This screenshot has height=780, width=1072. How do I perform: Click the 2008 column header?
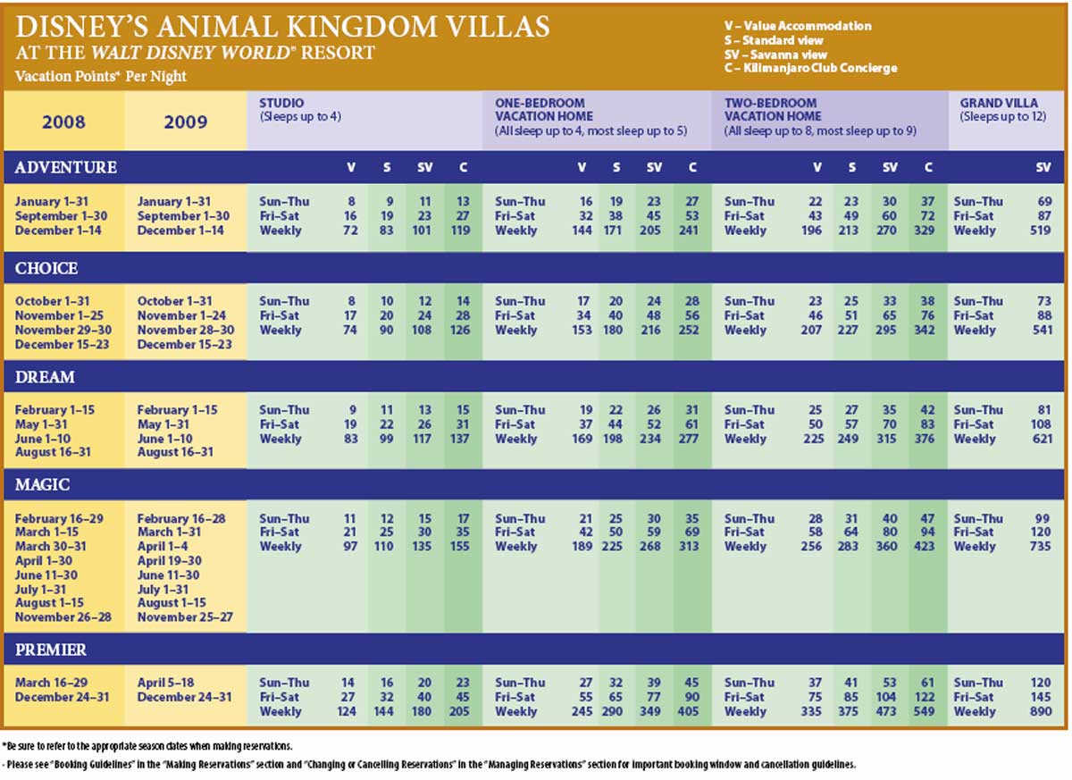coord(63,122)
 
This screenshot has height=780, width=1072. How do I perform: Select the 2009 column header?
coord(186,122)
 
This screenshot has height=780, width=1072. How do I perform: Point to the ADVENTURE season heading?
coord(66,167)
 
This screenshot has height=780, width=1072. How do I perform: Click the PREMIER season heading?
coord(51,650)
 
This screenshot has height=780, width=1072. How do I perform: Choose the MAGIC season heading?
coord(43,485)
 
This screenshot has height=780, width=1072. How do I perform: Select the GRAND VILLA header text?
coord(999,103)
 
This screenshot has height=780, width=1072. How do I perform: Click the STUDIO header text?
coord(281,103)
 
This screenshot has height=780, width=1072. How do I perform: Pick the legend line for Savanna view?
coord(775,55)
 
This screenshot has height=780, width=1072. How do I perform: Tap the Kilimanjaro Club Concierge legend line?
coord(811,68)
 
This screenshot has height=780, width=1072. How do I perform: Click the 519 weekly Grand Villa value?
coord(1041,231)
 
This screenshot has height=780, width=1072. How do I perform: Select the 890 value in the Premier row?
coord(1041,711)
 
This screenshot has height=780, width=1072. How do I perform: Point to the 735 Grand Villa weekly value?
coord(1041,546)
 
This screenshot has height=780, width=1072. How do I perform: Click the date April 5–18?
coord(166,683)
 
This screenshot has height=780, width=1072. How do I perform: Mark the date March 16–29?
coord(51,683)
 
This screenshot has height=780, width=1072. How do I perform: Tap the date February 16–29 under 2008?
coord(59,519)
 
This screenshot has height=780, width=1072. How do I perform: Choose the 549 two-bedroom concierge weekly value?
coord(924,711)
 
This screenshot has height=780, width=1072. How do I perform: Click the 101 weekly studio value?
coord(422,231)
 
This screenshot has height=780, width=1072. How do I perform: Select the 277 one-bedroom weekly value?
coord(689,439)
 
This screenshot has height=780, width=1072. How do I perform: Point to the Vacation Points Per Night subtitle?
coord(100,76)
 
